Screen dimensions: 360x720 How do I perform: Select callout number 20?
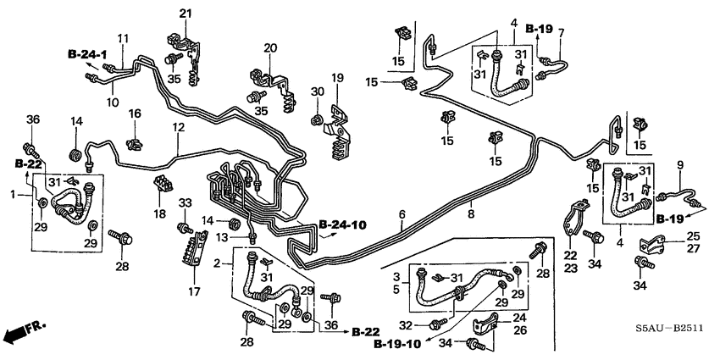click(x=270, y=47)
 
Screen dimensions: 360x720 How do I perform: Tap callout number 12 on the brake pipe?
click(x=179, y=128)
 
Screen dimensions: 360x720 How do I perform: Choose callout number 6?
click(x=403, y=213)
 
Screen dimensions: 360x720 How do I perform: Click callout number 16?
click(x=134, y=114)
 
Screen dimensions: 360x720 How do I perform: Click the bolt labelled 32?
click(x=435, y=323)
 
